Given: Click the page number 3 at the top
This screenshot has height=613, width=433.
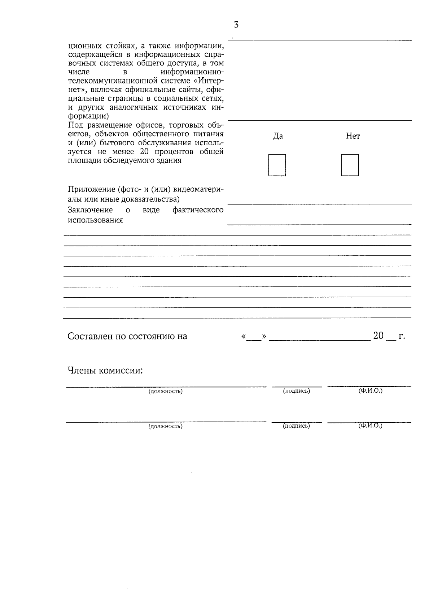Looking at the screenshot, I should (236, 25).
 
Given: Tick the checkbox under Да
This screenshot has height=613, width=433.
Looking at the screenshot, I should (277, 165).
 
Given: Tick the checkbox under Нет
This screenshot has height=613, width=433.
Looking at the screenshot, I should (350, 165).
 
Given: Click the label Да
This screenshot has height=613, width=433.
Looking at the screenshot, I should (278, 136).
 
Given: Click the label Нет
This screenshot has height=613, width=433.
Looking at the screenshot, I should (353, 136).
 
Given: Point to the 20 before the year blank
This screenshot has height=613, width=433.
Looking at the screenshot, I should (378, 336).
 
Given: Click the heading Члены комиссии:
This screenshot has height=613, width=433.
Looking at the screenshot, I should (105, 371).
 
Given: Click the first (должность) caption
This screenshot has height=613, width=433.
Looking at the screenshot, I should (166, 391).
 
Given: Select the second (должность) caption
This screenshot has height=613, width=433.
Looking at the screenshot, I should (166, 426).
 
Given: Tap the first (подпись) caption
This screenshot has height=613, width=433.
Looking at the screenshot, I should (296, 391).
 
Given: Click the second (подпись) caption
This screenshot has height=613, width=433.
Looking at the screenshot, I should (296, 426).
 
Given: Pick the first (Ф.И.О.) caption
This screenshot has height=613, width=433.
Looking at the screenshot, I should (370, 391).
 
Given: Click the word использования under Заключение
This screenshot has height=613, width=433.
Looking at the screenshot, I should (95, 220).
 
